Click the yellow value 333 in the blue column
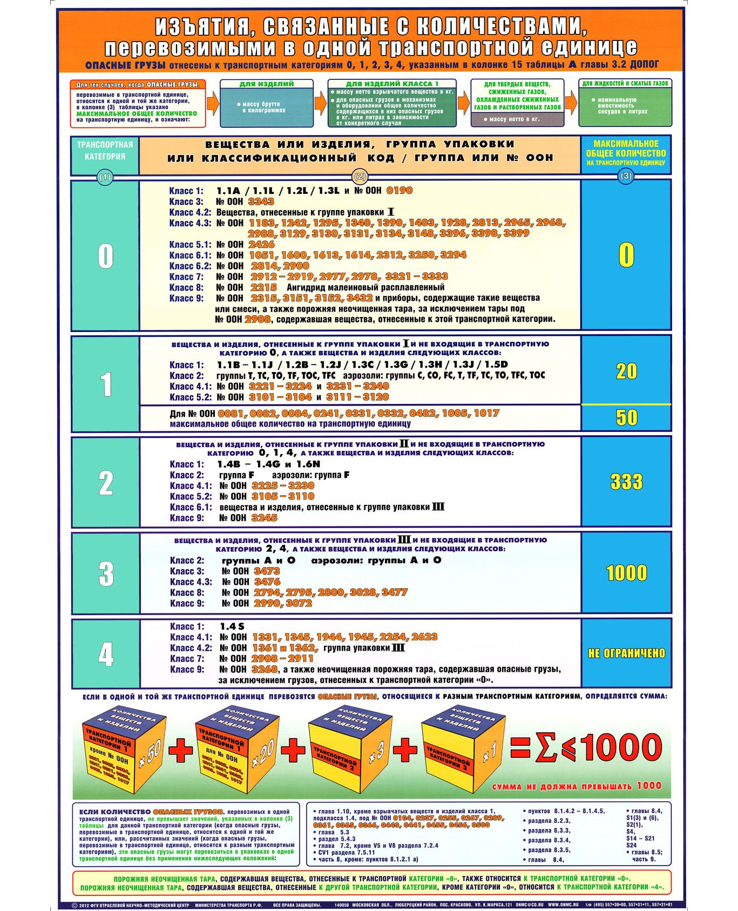pos(626,482)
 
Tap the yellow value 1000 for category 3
pos(626,573)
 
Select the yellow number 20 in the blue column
pos(626,371)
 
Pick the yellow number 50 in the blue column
pos(626,417)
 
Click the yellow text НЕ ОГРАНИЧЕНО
pos(626,653)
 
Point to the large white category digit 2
pos(106,483)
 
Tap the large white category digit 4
pos(106,654)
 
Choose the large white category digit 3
pos(106,573)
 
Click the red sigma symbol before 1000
pos(546,748)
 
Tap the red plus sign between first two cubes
pos(180,750)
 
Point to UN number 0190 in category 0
pos(399,191)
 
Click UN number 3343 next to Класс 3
pos(261,201)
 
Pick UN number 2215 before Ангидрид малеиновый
pos(263,287)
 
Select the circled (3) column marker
pos(626,176)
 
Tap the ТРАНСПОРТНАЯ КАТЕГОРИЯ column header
pos(105,151)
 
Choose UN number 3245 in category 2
pos(264,518)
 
